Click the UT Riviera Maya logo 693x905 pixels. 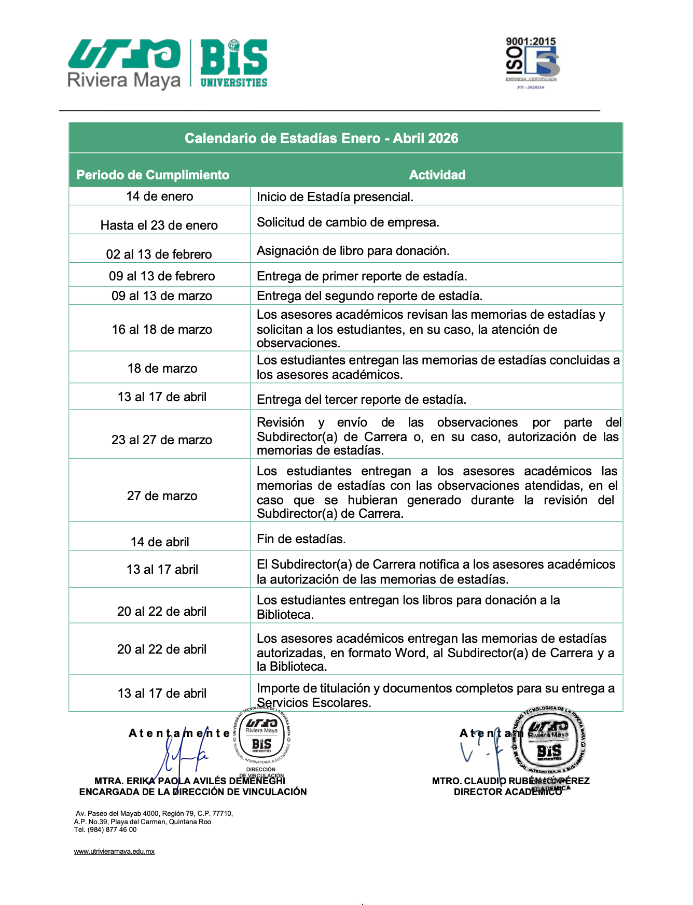point(124,63)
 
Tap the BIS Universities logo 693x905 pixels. point(233,63)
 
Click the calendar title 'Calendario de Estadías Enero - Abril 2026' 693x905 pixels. point(322,138)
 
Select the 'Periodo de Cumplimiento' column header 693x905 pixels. point(153,175)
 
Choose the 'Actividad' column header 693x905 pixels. point(437,175)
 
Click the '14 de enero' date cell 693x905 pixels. point(160,196)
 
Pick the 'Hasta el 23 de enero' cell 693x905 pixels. point(159,225)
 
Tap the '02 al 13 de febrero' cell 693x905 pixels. point(159,254)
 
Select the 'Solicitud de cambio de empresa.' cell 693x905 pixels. point(348,222)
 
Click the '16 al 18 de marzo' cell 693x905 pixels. point(162,330)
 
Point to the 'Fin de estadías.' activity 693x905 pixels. point(301,539)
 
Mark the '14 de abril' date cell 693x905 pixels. point(160,542)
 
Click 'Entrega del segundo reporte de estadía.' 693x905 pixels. point(370,296)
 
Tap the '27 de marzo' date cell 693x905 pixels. point(162,496)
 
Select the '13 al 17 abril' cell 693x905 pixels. point(162,570)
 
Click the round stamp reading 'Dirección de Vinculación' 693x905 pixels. point(262,739)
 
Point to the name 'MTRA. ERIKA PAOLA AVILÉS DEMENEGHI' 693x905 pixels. point(190,781)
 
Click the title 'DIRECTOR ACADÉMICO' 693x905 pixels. point(508,792)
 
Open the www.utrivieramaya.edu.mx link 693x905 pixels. point(114,852)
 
